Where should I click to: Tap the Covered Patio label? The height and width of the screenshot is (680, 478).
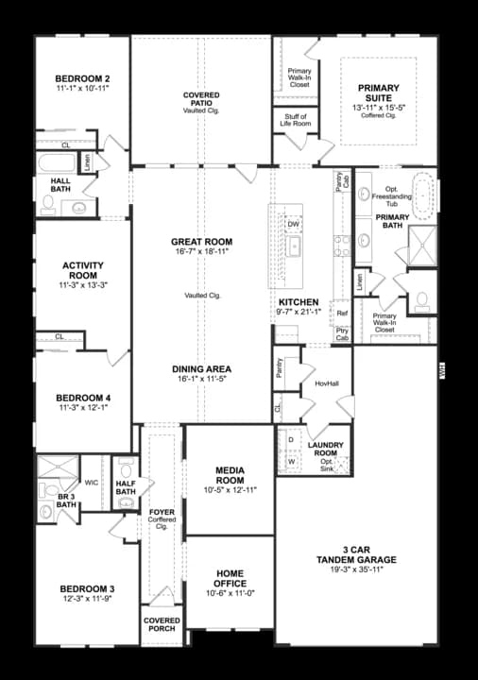click(200, 96)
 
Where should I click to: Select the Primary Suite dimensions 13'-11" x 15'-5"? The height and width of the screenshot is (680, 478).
click(378, 109)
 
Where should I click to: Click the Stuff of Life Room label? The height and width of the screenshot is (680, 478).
click(296, 119)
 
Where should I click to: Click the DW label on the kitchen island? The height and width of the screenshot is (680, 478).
click(294, 224)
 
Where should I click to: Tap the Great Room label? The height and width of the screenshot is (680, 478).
click(201, 242)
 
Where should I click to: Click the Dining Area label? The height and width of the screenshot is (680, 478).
click(201, 368)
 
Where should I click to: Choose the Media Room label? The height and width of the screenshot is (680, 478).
click(230, 468)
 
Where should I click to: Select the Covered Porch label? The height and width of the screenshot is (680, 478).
click(162, 625)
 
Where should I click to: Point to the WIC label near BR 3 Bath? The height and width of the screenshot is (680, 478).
click(92, 483)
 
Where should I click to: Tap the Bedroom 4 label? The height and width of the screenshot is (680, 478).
click(82, 398)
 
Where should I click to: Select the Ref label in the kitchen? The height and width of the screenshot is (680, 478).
click(342, 313)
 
